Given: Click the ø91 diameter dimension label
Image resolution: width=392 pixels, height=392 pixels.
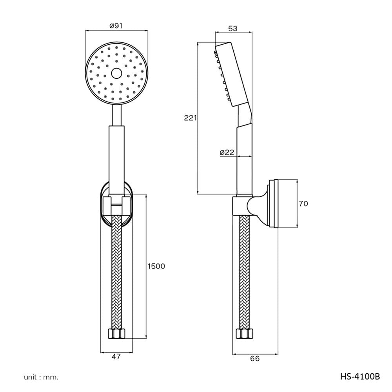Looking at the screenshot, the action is point(116,26).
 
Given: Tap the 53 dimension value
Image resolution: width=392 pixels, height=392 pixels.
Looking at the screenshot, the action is point(233,29).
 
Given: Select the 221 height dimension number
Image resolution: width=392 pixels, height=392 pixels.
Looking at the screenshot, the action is point(191,118).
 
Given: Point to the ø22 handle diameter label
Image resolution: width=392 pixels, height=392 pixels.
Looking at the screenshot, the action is point(227,152).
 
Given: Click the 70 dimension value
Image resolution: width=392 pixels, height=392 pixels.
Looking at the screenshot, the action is point(303,204).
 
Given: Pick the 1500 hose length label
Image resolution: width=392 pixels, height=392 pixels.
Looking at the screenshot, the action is point(156,266).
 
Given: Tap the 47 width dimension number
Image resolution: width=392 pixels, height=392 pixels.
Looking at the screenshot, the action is point(116,357).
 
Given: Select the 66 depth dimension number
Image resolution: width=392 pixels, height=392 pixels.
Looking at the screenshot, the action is point(255,359).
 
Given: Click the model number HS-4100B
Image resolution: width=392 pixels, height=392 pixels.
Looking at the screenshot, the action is point(360,376).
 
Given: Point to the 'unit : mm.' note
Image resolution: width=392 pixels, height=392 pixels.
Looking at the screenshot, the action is point(41,377).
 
